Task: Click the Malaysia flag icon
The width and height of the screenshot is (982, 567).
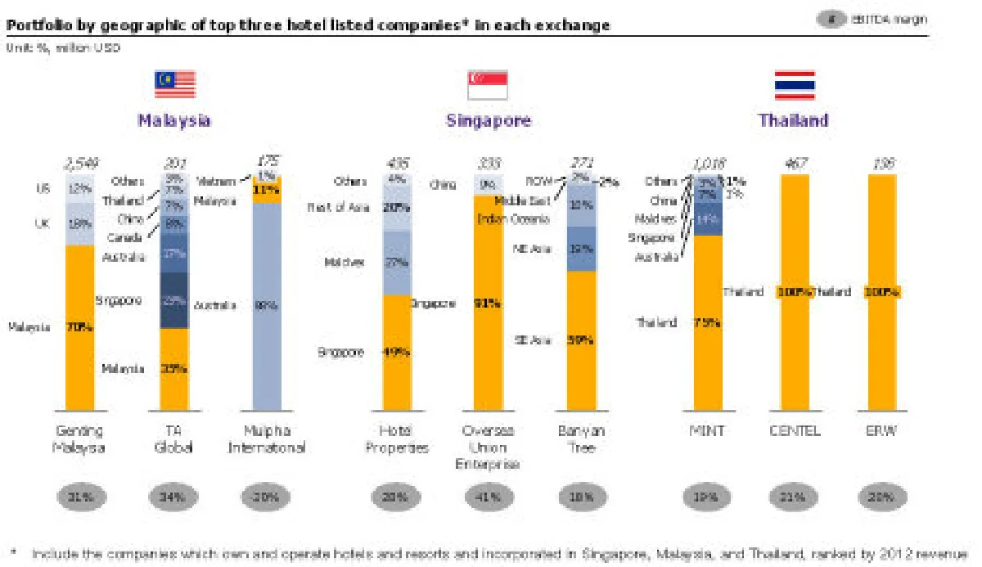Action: click(x=175, y=84)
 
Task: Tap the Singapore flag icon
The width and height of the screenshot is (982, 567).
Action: click(x=488, y=84)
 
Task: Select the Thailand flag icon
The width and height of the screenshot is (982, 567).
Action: click(x=794, y=84)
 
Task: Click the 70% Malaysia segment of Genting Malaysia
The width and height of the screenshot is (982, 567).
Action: click(x=80, y=327)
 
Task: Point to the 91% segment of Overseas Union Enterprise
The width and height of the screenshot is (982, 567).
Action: click(x=489, y=303)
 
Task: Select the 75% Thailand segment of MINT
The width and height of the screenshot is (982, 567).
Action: click(x=708, y=322)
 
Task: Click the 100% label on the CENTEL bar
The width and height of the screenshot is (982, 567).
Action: click(x=794, y=292)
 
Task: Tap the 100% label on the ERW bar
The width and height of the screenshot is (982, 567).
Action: click(x=884, y=292)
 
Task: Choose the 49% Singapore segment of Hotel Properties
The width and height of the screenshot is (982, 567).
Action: click(x=398, y=353)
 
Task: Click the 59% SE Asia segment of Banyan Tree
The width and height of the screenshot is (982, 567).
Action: click(x=581, y=340)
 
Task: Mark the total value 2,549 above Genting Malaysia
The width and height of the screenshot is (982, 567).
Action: click(x=80, y=164)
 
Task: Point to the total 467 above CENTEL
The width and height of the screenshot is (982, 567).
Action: click(x=795, y=164)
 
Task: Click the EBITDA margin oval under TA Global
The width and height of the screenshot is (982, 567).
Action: click(x=173, y=496)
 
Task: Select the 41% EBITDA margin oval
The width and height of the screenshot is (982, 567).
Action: click(x=489, y=496)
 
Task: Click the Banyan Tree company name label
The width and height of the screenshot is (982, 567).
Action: click(x=581, y=439)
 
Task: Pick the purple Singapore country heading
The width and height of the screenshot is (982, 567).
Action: click(x=489, y=120)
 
